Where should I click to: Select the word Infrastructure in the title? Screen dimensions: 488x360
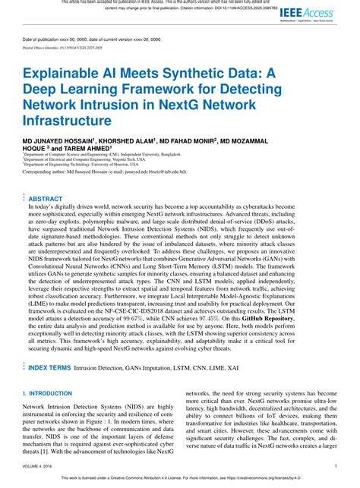point(67,120)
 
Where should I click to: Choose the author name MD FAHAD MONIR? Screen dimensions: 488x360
point(201,141)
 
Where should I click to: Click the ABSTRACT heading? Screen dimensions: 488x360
point(46,198)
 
